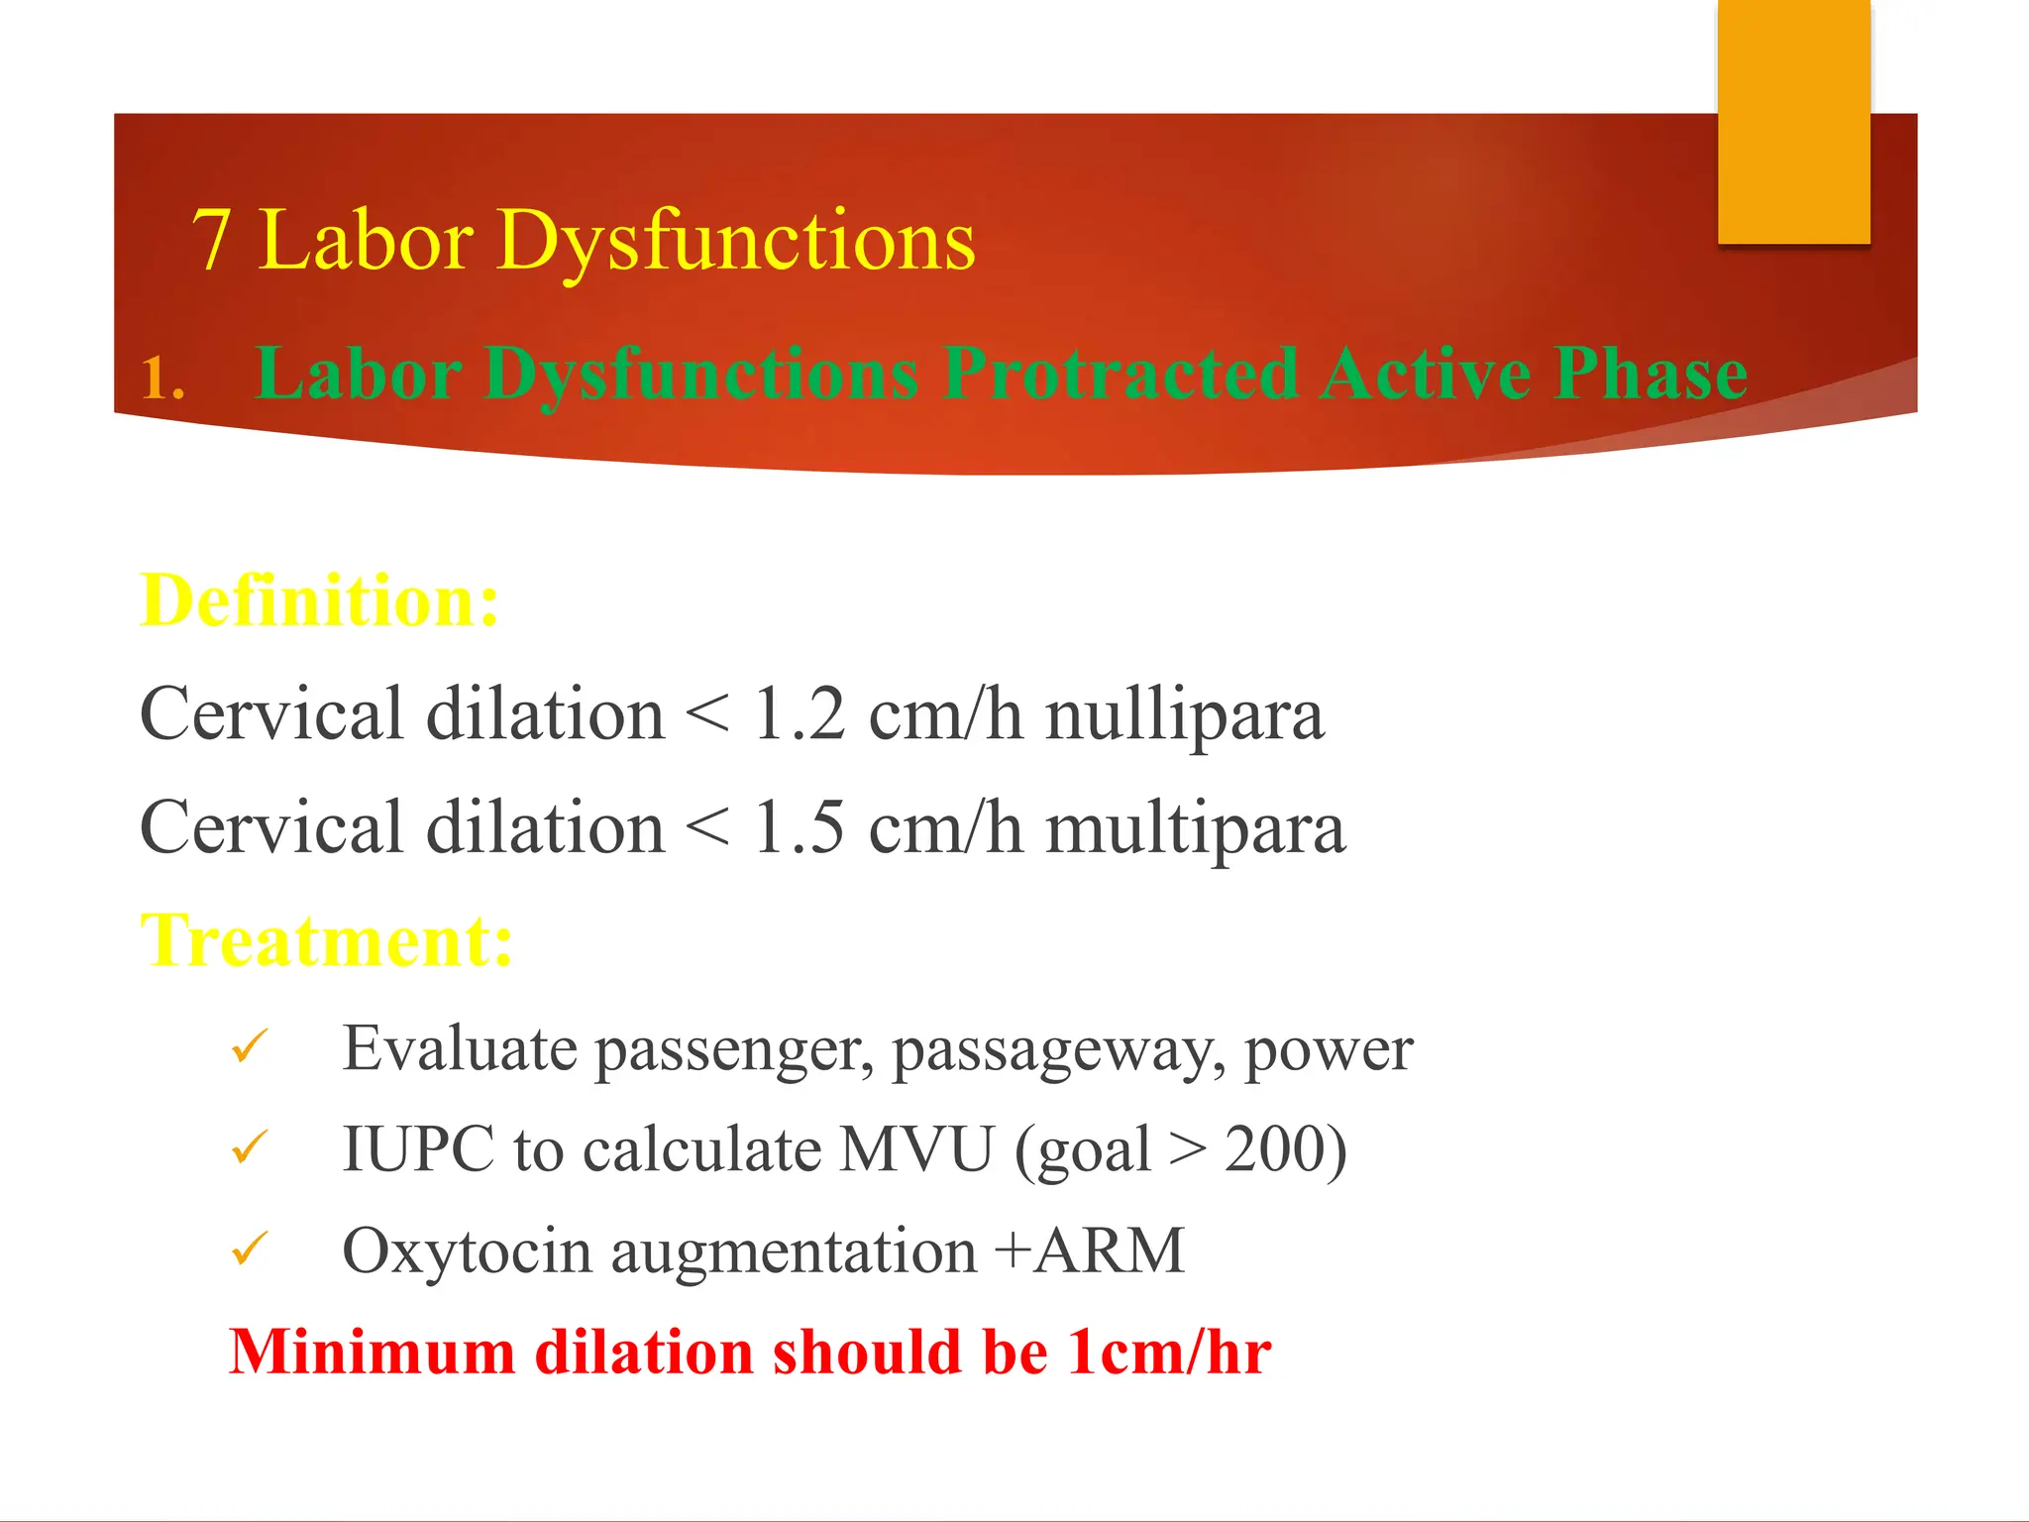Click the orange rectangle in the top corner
1793,121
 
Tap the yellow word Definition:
320,600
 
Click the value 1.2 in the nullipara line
799,713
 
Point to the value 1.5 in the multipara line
799,827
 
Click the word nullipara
1184,715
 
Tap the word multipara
1195,829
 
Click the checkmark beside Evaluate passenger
250,1046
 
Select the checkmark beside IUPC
250,1147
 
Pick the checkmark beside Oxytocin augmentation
250,1249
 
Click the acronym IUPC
417,1149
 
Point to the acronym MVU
916,1149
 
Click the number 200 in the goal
1275,1149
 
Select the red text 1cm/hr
1169,1352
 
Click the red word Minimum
372,1352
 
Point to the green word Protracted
1121,374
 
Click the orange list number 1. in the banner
162,380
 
